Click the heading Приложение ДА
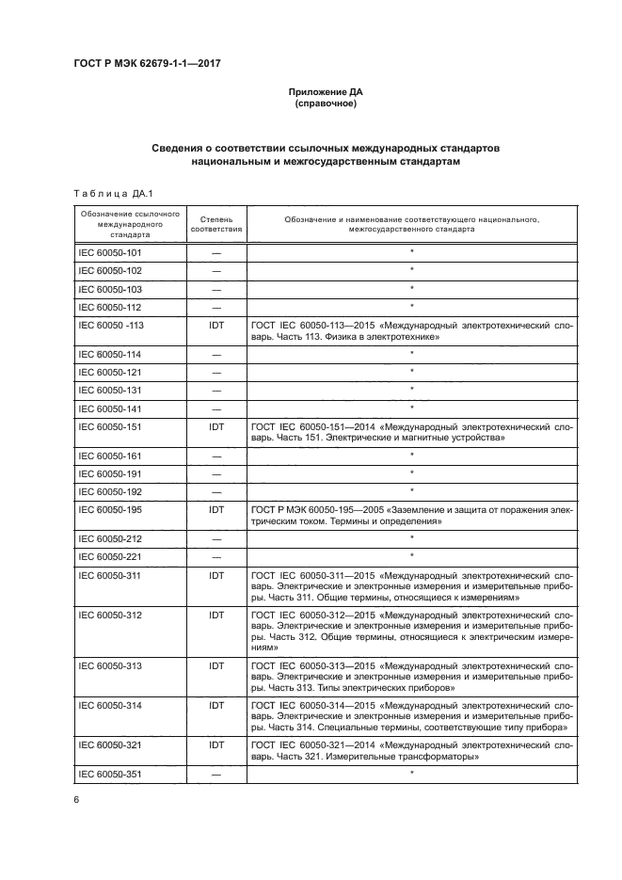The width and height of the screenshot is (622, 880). tap(324, 91)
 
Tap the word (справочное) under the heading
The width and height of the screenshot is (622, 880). tap(324, 104)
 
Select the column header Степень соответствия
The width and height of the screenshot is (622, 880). tap(216, 223)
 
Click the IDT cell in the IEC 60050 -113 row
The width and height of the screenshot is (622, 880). tap(216, 325)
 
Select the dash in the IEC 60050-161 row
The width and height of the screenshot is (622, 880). tap(216, 456)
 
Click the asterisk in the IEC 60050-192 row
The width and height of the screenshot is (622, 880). tap(412, 489)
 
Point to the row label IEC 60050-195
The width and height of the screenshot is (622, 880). tap(109, 509)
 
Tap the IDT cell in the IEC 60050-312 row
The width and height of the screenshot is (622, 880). tap(216, 616)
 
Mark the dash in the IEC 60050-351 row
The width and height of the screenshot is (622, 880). tap(216, 775)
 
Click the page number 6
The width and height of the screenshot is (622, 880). tap(75, 800)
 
